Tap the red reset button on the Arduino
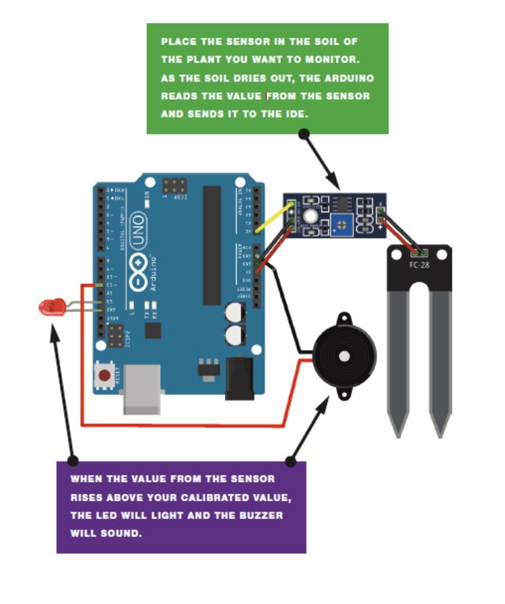104,375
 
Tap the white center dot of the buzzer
344,355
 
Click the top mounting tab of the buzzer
344,316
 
